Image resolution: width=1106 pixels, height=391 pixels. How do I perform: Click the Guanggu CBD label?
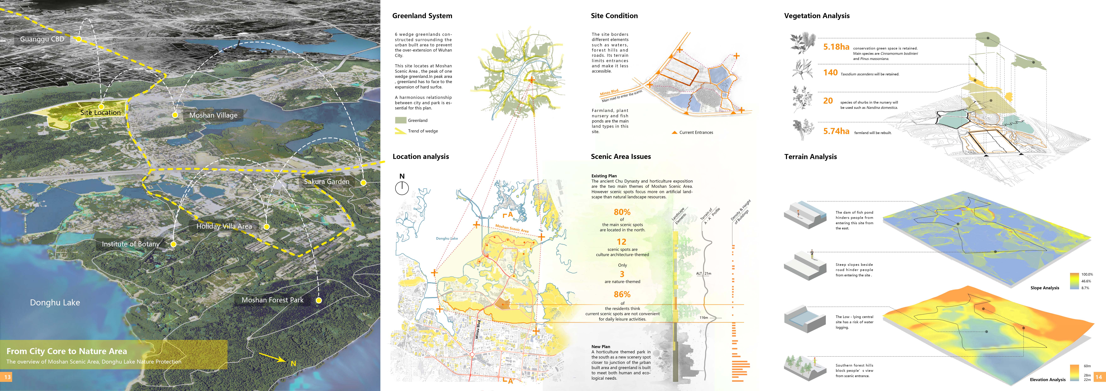tap(42, 39)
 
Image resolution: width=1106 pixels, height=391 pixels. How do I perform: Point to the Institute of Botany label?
tap(131, 244)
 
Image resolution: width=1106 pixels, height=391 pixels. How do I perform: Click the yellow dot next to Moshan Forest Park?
tap(319, 301)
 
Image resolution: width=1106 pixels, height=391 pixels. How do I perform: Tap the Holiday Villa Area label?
tap(224, 226)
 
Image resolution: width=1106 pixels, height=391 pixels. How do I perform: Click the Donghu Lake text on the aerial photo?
tap(55, 303)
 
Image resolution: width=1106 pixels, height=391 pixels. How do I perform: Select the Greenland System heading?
tap(422, 16)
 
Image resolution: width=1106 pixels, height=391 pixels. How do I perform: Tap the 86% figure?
tap(622, 294)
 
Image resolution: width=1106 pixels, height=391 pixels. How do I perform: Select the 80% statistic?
tap(622, 212)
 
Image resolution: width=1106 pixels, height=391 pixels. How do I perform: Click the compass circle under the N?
tap(402, 188)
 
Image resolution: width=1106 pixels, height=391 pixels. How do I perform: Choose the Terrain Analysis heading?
tap(810, 157)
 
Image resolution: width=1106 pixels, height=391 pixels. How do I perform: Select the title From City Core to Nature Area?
tap(67, 351)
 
